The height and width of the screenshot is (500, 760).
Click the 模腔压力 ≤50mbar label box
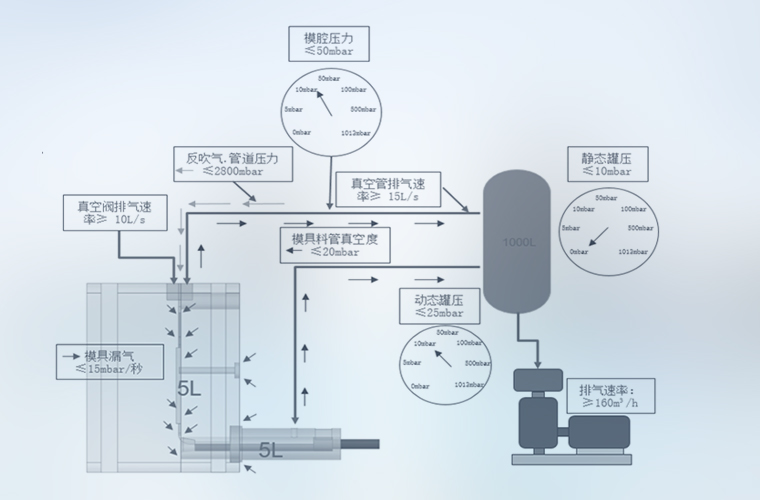[329, 44]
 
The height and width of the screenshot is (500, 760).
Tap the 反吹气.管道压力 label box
[233, 164]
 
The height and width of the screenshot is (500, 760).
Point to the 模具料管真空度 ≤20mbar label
[334, 244]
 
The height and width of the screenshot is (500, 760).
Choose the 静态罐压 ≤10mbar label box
[608, 164]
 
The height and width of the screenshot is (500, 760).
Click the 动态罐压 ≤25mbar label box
[438, 306]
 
